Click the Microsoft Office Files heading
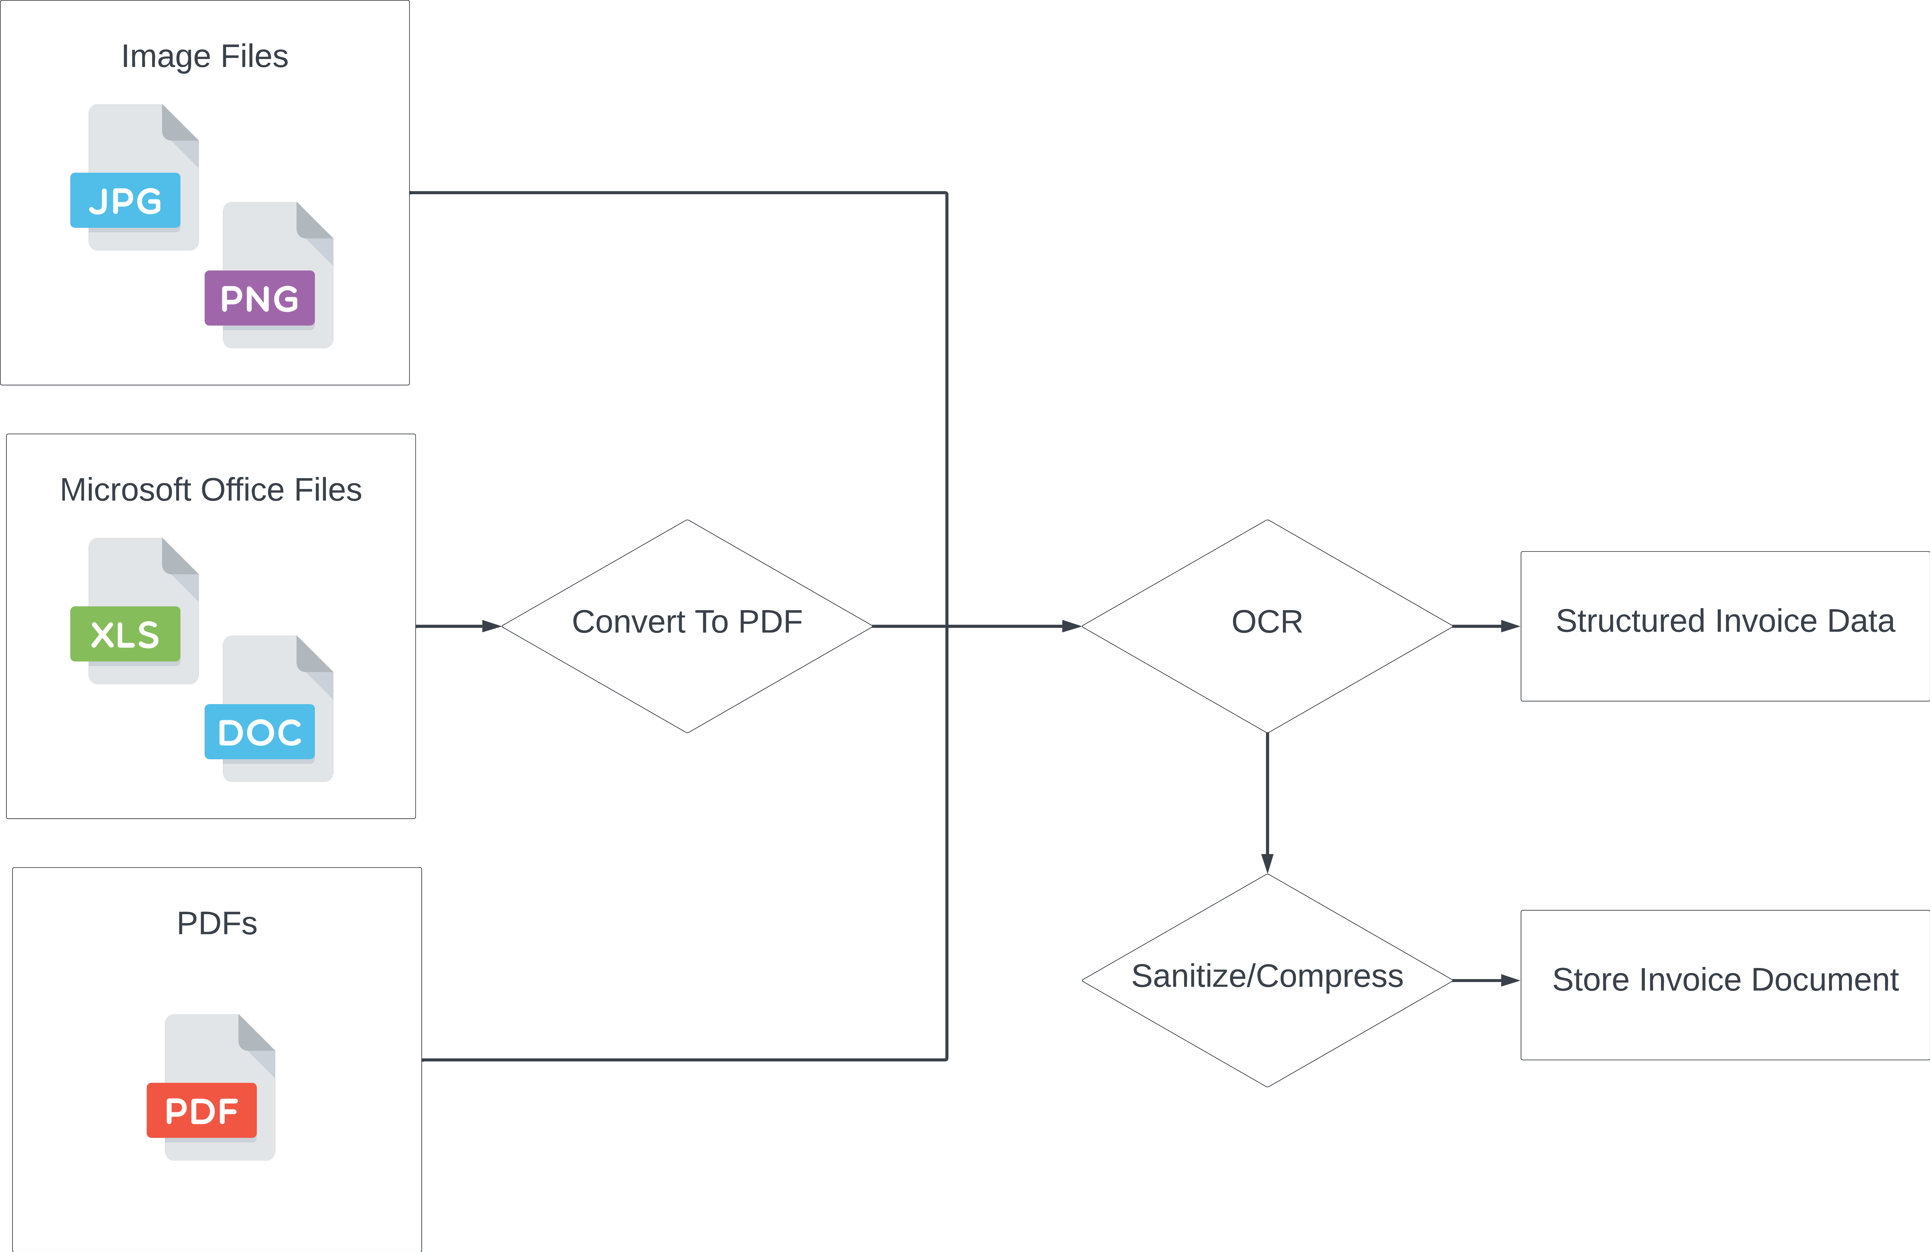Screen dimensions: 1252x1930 (x=211, y=490)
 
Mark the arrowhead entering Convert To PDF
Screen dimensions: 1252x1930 (x=491, y=626)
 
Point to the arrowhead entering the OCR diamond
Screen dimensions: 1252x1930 (x=1071, y=626)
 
